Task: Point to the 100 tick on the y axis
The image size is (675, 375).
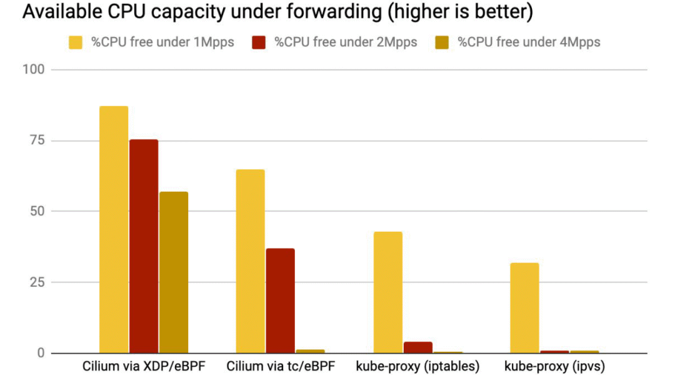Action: [34, 69]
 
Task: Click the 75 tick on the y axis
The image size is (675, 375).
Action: [37, 140]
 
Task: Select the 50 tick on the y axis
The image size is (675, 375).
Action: [37, 211]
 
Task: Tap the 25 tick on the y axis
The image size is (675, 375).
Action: [37, 282]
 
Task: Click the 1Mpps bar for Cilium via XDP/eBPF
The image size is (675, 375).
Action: [114, 229]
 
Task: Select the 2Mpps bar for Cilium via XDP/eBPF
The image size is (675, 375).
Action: [144, 246]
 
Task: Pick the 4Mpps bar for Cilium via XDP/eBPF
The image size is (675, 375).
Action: [174, 272]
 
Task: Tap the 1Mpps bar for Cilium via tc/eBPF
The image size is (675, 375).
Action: [251, 261]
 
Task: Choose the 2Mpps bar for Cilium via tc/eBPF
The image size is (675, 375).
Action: [281, 301]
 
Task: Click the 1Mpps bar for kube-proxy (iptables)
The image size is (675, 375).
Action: [387, 292]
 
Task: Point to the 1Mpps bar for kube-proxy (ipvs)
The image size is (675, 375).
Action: [524, 308]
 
